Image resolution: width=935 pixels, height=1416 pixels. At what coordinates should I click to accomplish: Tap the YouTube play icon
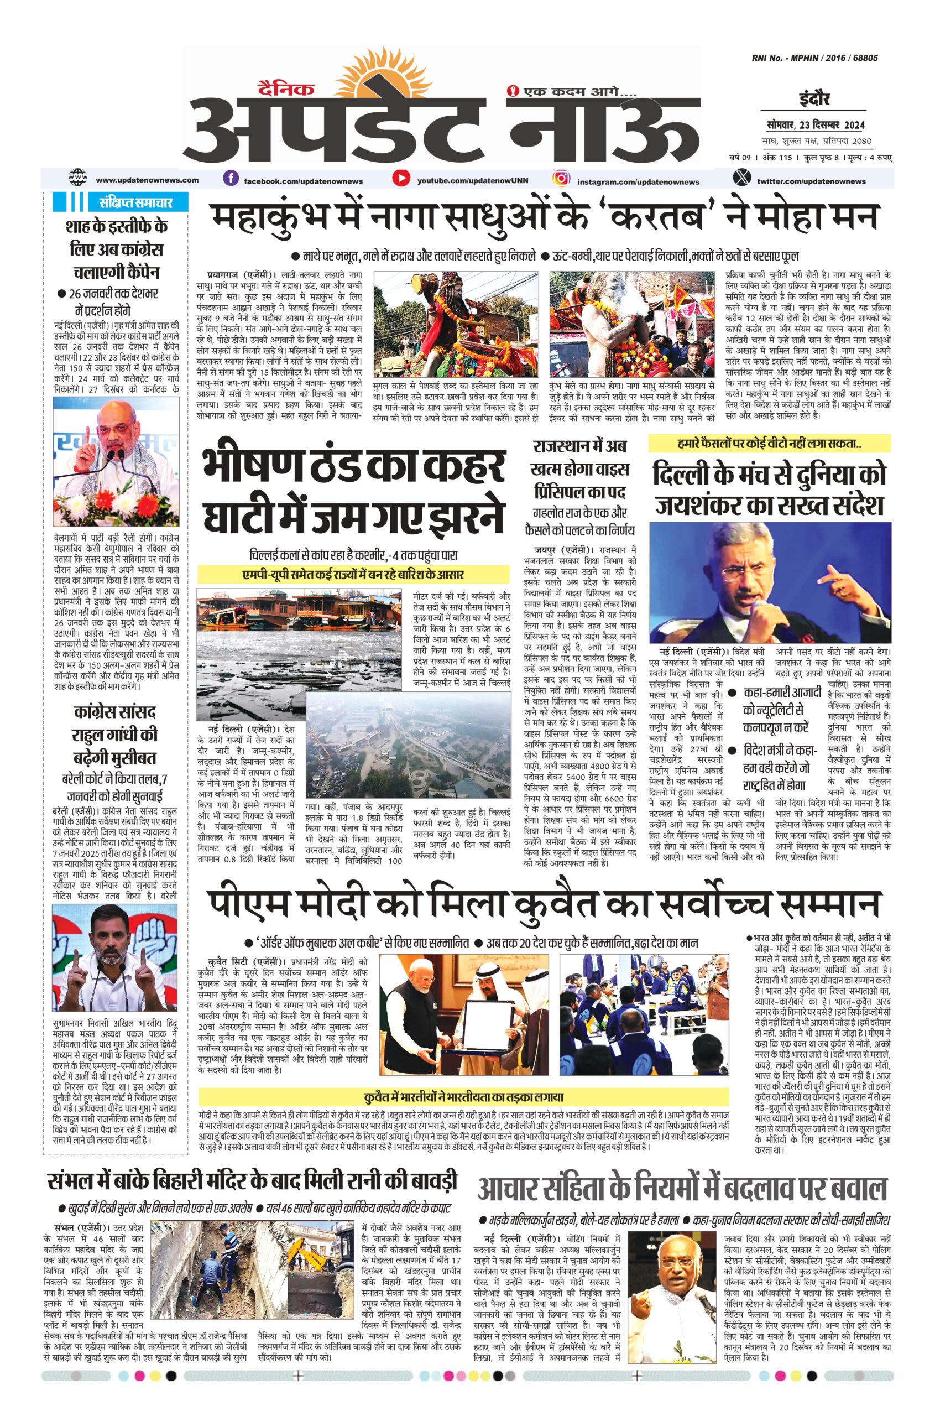tap(401, 178)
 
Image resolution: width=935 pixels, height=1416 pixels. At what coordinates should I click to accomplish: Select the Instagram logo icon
tap(560, 178)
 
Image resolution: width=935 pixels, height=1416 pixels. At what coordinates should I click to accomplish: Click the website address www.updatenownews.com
tap(147, 180)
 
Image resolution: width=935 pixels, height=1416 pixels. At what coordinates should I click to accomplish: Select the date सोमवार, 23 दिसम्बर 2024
tap(816, 124)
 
